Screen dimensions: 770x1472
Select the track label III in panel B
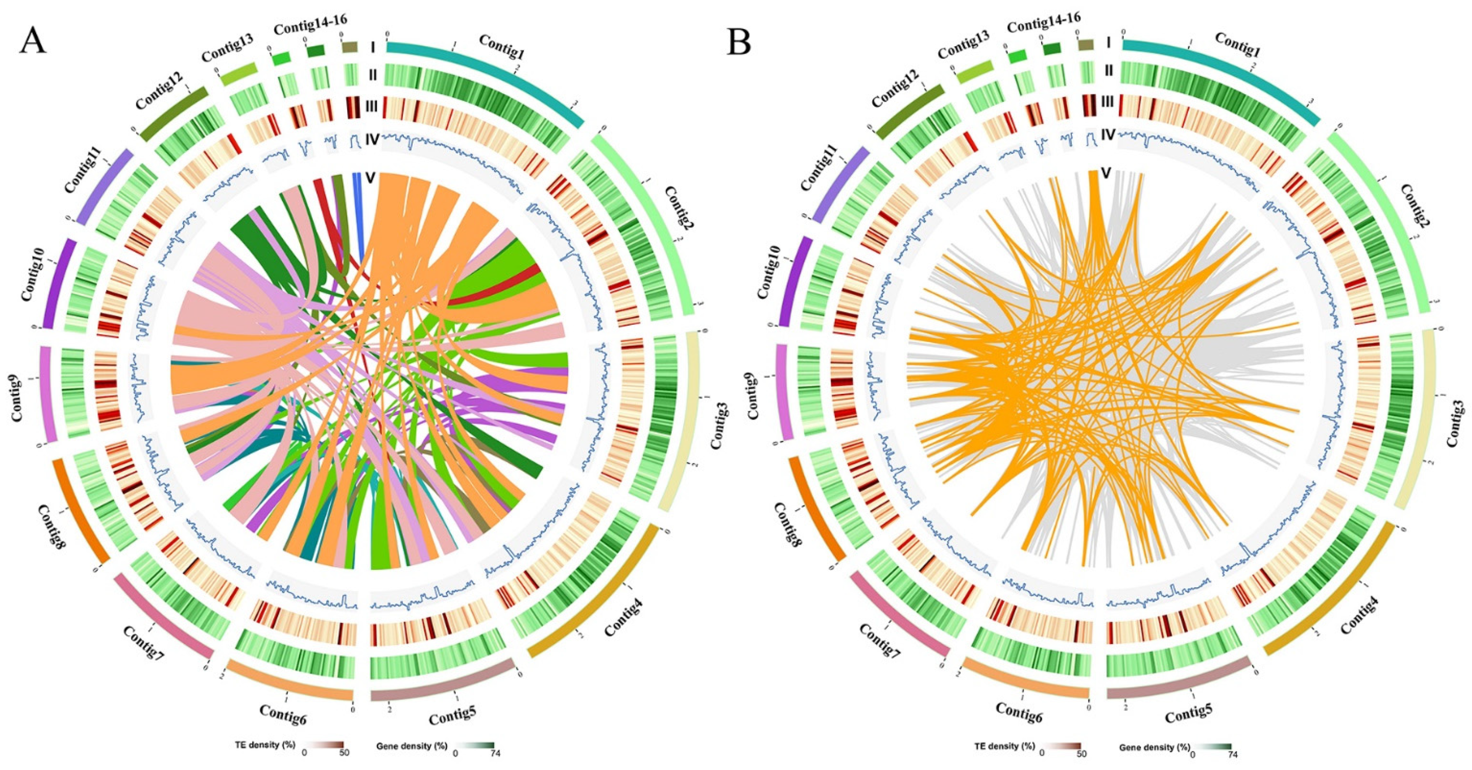(x=1107, y=102)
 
